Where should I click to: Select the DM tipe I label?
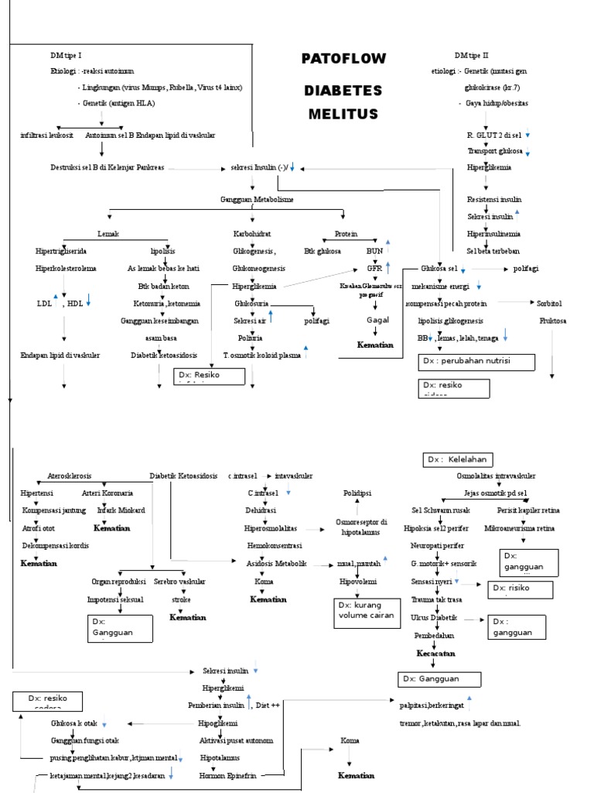(x=65, y=57)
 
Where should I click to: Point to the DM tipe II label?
(x=472, y=56)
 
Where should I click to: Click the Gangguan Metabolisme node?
(x=258, y=200)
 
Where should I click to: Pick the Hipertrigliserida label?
(x=61, y=251)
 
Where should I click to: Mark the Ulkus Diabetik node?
(x=434, y=617)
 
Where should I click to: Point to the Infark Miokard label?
(x=121, y=510)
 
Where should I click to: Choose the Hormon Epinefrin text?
(x=227, y=774)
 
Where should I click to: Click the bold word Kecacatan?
(x=435, y=654)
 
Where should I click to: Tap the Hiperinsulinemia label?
(x=493, y=233)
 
